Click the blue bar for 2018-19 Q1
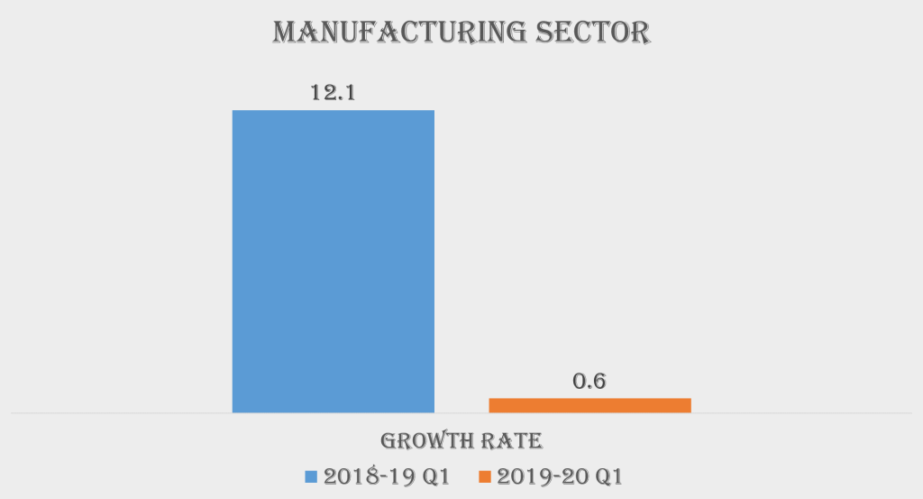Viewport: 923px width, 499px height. pos(334,262)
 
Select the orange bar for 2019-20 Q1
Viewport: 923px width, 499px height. pos(589,405)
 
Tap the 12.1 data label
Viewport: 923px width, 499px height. pos(334,91)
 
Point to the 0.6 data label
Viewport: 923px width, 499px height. pos(589,380)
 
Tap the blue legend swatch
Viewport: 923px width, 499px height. pos(312,476)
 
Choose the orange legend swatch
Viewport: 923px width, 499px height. pos(484,476)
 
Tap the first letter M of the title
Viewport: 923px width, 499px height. pos(286,32)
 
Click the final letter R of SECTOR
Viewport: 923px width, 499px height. pos(639,32)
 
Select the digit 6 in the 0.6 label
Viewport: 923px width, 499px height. pos(599,380)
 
